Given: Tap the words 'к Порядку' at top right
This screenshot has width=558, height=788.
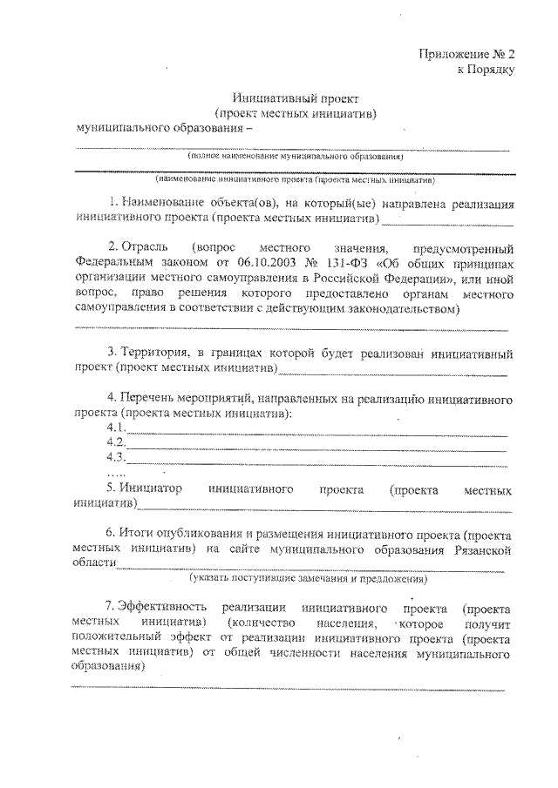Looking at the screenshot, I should [487, 70].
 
